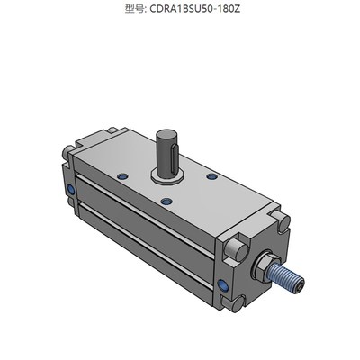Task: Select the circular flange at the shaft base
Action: (x=170, y=173)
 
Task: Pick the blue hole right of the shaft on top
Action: (x=211, y=178)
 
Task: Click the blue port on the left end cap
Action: (x=71, y=190)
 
